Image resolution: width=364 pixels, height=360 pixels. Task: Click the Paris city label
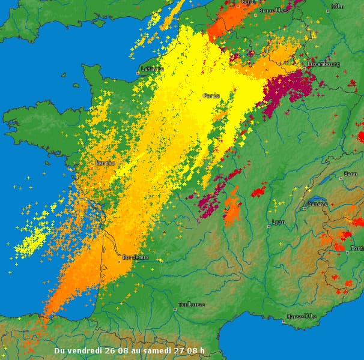point(211,96)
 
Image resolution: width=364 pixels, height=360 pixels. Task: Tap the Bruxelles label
point(273,11)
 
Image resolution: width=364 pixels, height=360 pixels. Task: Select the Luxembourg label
point(324,64)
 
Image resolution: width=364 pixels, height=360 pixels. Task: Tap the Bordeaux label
point(135,257)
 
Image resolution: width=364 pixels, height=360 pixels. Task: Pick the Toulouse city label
point(192,304)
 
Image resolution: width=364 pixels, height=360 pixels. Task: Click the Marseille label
point(302,316)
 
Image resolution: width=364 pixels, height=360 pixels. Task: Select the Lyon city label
point(279,222)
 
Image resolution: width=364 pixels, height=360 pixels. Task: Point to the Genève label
point(318,204)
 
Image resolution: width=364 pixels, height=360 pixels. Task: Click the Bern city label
point(350,174)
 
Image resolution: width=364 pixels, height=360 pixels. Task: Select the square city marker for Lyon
point(268,226)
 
